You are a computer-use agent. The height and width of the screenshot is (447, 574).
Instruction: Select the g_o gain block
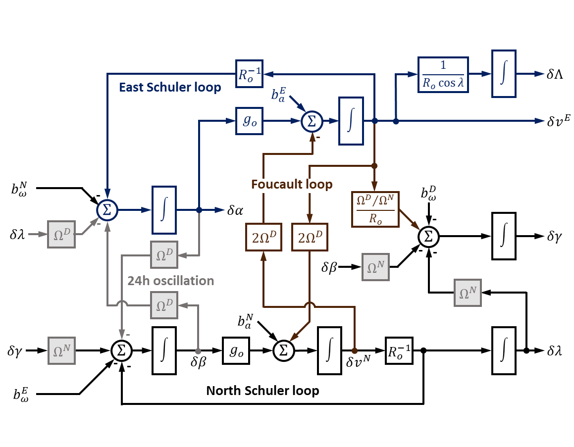pos(249,121)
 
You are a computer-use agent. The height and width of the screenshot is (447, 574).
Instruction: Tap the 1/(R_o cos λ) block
pos(443,75)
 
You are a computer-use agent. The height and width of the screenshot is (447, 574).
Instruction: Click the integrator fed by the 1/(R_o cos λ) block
pos(504,74)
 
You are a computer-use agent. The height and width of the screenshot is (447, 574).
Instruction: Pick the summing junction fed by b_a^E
pos(312,121)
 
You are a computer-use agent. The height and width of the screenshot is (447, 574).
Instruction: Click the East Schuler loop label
pos(170,88)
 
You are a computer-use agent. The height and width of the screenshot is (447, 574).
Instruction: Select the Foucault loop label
pos(292,185)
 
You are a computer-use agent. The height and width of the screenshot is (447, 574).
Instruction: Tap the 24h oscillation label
pos(171,281)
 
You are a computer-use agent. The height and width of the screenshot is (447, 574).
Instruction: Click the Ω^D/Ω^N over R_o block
pos(375,209)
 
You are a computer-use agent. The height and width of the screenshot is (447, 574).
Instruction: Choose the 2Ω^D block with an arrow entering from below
pos(263,237)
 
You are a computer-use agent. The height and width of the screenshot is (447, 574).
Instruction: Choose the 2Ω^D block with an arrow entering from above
pos(310,237)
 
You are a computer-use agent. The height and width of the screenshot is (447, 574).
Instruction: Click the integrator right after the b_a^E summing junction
pos(351,121)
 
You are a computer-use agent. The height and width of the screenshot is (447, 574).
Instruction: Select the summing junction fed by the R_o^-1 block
pos(106,210)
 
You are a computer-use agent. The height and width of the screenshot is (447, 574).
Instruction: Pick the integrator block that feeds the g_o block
pos(164,210)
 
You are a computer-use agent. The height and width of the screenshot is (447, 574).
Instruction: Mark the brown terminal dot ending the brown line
pos(355,350)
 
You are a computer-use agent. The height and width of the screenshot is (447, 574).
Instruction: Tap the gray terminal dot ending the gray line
pos(198,351)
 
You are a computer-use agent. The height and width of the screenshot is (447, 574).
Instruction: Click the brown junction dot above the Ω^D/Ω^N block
pos(374,166)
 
